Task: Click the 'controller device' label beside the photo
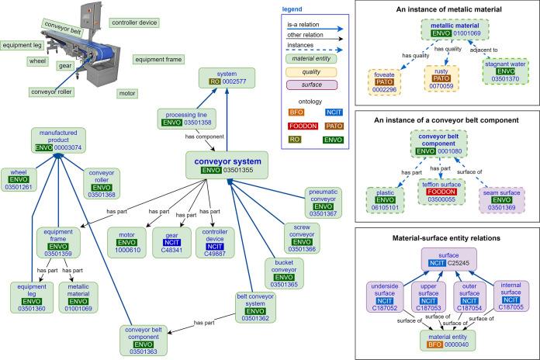(x=134, y=22)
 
